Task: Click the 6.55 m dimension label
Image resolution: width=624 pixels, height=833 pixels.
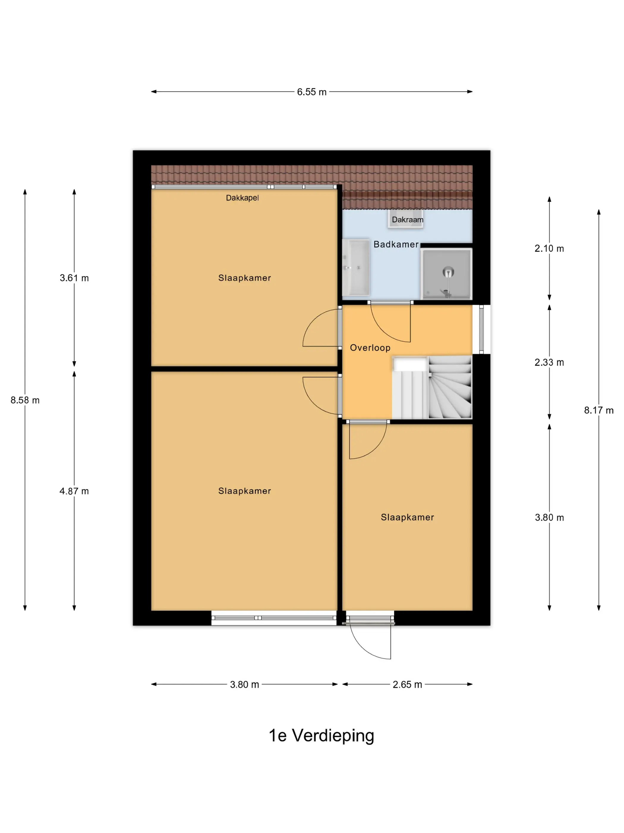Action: tap(311, 92)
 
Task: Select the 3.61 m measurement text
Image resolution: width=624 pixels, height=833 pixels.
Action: tap(74, 278)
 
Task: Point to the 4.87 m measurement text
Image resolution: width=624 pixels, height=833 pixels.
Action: tap(74, 491)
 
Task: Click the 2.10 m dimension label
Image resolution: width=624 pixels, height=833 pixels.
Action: tap(549, 248)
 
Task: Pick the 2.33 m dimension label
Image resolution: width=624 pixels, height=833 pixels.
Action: tap(549, 362)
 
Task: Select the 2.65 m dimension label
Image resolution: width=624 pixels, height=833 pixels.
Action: tap(407, 684)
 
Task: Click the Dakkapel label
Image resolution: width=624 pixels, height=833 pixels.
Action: tap(242, 198)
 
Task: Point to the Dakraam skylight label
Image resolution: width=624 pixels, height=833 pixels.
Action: tap(408, 220)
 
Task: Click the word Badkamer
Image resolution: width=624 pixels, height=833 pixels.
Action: tap(396, 245)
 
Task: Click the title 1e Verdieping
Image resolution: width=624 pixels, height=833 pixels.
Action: tap(322, 735)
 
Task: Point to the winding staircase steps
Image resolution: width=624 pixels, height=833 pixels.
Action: tap(450, 387)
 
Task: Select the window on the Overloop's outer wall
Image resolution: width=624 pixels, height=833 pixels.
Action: tap(481, 329)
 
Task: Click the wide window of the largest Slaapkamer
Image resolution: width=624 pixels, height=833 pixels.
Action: tap(274, 618)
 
